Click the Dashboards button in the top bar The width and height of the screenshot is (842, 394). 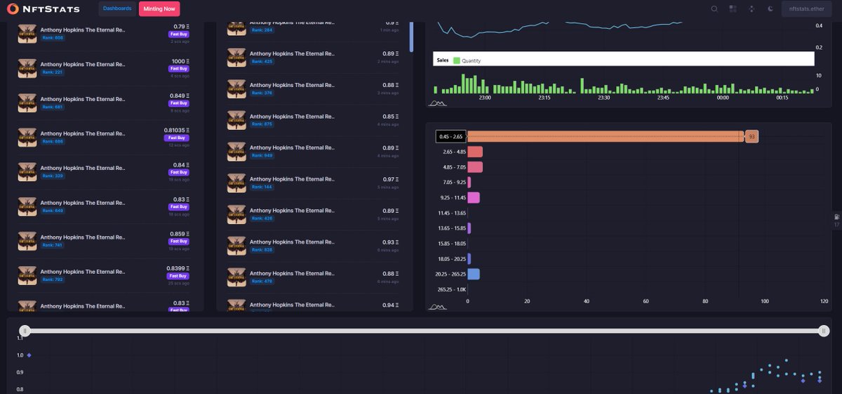[x=116, y=8]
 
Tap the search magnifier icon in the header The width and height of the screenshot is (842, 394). [x=714, y=9]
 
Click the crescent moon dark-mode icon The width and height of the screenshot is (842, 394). [x=770, y=9]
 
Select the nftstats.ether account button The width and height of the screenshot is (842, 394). [x=806, y=9]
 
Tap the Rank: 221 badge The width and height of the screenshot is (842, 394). [x=53, y=72]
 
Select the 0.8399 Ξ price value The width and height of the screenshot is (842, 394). [x=178, y=268]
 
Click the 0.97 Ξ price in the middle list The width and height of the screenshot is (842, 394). [x=391, y=179]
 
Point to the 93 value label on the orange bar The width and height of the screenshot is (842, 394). [x=751, y=136]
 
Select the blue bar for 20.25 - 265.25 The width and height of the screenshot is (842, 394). [x=474, y=274]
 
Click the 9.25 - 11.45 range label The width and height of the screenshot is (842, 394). [x=451, y=197]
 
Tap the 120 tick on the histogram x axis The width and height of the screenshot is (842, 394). [x=824, y=301]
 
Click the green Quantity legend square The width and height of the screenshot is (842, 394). [x=456, y=60]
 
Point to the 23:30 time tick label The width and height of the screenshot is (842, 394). [x=603, y=98]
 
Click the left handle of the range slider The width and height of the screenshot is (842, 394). [x=25, y=330]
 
